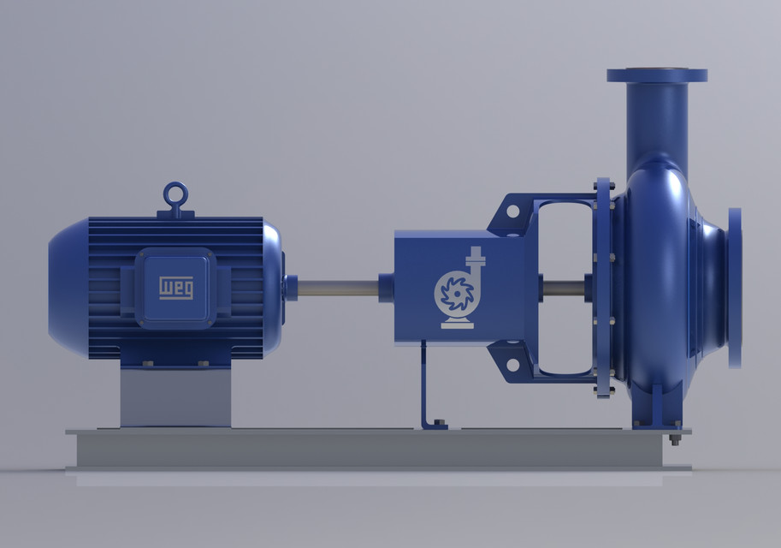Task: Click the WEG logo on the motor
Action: coord(176,288)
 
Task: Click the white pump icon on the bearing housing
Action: coord(459,288)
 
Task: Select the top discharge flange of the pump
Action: coord(657,75)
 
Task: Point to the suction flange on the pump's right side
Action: coord(735,289)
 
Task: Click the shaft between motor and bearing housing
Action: coord(338,288)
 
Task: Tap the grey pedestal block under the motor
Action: coord(176,397)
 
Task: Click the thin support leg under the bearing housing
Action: coord(424,384)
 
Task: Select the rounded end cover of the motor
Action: coord(68,288)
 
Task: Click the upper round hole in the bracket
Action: coord(512,211)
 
